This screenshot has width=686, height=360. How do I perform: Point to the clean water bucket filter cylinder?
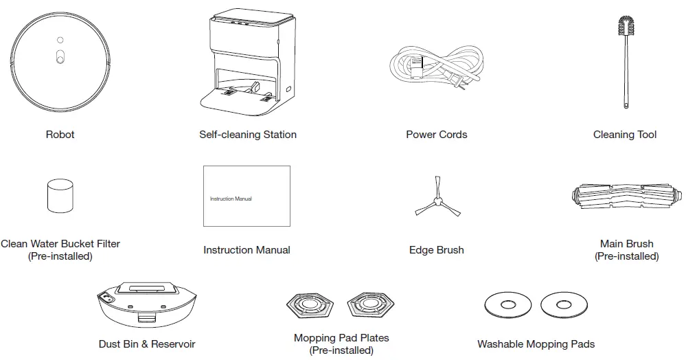[60, 198]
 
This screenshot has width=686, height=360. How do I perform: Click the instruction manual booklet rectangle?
[247, 196]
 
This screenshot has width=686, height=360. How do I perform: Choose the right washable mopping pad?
[564, 304]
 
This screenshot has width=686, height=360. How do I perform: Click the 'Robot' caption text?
[60, 135]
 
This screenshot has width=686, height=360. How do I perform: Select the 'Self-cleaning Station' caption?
[248, 135]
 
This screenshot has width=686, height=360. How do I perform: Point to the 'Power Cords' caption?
[436, 135]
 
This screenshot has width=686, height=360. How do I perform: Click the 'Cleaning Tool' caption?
[624, 135]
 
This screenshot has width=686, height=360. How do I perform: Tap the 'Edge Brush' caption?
[436, 250]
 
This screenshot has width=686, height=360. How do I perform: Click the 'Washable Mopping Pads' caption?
[536, 344]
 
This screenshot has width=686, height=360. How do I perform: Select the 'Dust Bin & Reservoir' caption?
[147, 344]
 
